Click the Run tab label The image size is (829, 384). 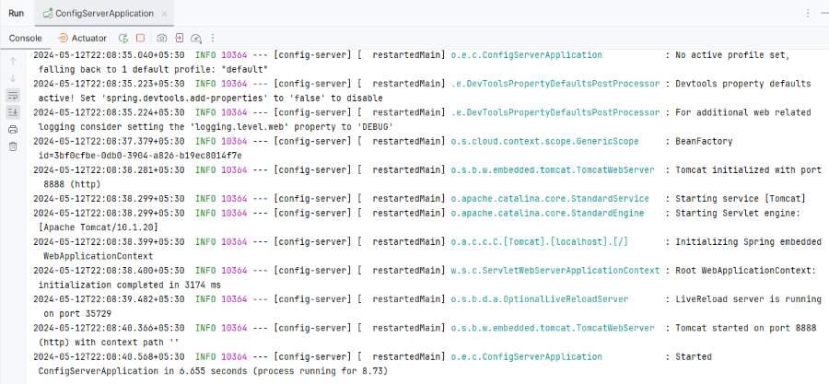coord(16,13)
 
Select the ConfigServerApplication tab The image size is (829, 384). coord(104,13)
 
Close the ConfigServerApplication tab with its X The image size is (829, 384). coord(164,14)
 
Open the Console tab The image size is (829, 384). coord(26,38)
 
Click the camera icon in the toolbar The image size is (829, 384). coord(161,38)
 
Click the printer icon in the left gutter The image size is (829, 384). coord(13,130)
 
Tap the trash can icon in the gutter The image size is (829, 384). coord(13,146)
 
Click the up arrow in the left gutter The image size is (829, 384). coord(13,62)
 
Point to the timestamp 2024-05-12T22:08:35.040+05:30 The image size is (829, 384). coord(109,55)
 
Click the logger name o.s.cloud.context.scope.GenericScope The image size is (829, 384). coord(544,142)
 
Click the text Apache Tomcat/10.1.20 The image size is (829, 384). coord(99,227)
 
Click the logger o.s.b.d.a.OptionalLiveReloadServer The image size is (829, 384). coord(539,299)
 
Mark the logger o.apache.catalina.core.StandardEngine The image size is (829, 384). coord(547,214)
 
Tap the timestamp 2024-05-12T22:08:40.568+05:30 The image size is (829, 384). coord(109,357)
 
